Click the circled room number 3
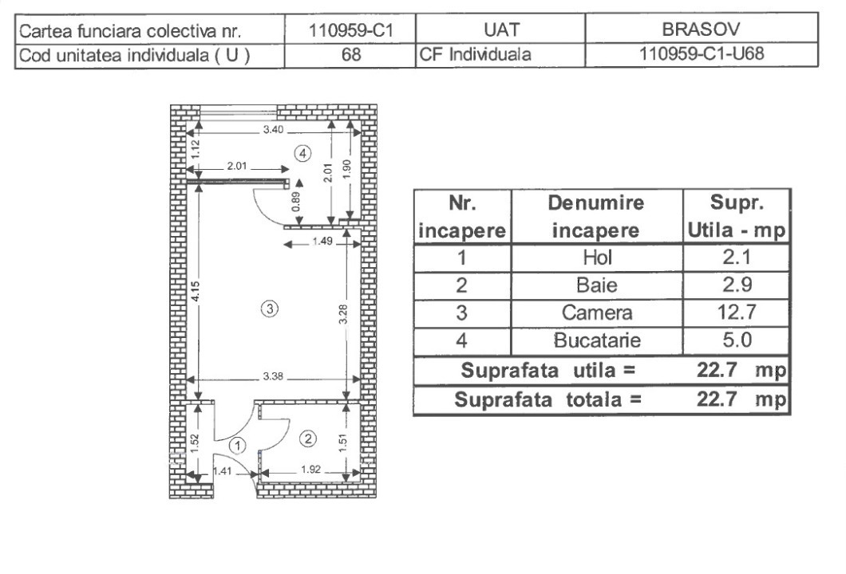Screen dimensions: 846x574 click(x=270, y=309)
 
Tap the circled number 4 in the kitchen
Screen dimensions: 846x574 click(x=302, y=154)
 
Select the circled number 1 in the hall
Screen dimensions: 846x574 click(x=237, y=446)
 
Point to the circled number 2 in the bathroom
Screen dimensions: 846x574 click(x=308, y=438)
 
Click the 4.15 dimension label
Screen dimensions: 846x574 click(x=196, y=292)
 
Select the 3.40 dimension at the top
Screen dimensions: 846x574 click(x=273, y=129)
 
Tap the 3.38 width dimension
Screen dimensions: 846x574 click(x=273, y=375)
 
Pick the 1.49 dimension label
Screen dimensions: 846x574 click(x=322, y=241)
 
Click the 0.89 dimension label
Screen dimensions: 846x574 click(x=295, y=202)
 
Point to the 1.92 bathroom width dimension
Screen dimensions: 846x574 click(x=310, y=470)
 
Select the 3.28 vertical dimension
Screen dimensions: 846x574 click(x=344, y=314)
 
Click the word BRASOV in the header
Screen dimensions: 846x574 click(x=701, y=29)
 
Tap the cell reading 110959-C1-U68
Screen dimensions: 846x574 click(x=702, y=54)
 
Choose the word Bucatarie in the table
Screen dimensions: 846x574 click(x=597, y=340)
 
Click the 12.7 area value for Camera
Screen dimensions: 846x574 click(x=737, y=312)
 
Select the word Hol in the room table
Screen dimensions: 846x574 click(x=597, y=258)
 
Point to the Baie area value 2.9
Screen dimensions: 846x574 click(x=737, y=285)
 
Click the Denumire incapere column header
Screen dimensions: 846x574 click(x=596, y=217)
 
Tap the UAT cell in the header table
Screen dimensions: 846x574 click(x=501, y=29)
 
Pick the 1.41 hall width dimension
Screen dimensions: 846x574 click(x=223, y=471)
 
